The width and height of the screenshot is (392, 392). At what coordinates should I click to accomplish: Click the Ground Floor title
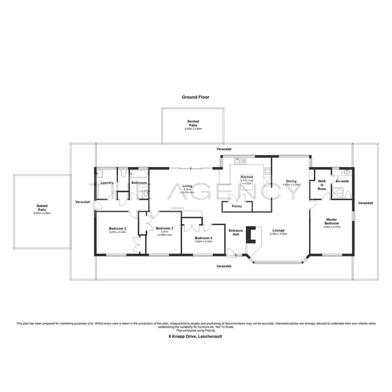[195, 97]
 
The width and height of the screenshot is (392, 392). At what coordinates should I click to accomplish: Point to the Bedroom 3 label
[164, 228]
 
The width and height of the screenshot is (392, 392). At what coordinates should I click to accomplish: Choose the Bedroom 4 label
[203, 238]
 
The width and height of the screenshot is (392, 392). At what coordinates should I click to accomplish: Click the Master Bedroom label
[331, 221]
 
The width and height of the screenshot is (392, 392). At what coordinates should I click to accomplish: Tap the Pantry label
[237, 207]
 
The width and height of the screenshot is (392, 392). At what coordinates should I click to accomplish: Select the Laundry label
[107, 183]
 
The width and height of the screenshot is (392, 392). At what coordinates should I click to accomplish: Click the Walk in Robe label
[322, 185]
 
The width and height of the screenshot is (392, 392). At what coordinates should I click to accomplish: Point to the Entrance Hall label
[236, 233]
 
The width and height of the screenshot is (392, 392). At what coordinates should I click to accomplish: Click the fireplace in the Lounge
[252, 234]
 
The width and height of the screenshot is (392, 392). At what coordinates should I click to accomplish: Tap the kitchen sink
[240, 161]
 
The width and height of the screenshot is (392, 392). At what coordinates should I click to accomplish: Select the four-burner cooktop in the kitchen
[267, 171]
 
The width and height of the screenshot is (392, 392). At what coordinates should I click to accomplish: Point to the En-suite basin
[347, 172]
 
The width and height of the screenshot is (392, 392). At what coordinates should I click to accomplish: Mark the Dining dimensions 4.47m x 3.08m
[291, 185]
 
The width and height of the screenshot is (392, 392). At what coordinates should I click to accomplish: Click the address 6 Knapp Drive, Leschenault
[196, 336]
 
